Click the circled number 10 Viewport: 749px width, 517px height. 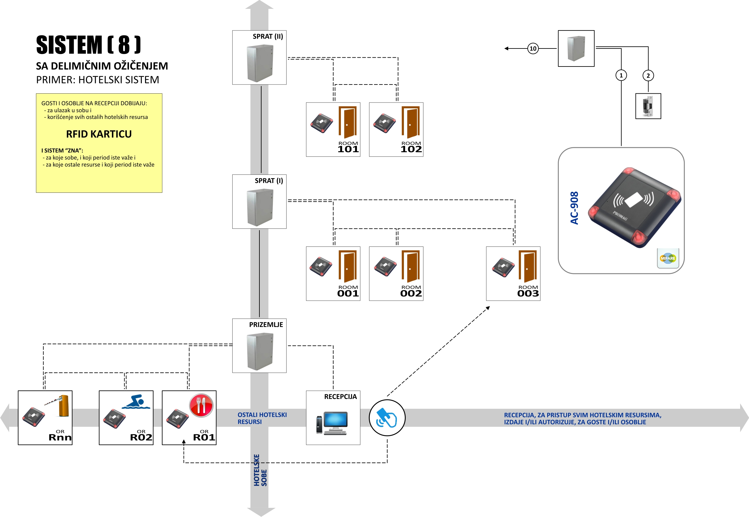[x=533, y=48]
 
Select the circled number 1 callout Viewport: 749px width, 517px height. [x=621, y=75]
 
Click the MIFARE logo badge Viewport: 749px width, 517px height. [x=668, y=258]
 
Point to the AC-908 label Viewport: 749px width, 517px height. [x=574, y=208]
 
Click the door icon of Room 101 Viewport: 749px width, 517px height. [x=348, y=122]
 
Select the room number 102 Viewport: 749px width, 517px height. [x=411, y=149]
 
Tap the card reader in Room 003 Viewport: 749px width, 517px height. [x=503, y=267]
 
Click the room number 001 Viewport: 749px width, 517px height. [x=348, y=293]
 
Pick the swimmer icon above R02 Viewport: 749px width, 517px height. [x=137, y=402]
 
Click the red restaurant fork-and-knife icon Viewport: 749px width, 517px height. [x=201, y=405]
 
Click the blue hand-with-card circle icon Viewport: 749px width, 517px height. [x=387, y=418]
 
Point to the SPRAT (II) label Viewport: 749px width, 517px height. [x=268, y=37]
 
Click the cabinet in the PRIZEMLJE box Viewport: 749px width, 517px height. [x=260, y=352]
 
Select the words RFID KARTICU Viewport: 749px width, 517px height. [x=99, y=134]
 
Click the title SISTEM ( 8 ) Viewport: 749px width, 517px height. [x=88, y=45]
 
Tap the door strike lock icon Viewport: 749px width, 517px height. [x=648, y=106]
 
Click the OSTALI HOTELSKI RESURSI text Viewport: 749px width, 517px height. [x=262, y=418]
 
